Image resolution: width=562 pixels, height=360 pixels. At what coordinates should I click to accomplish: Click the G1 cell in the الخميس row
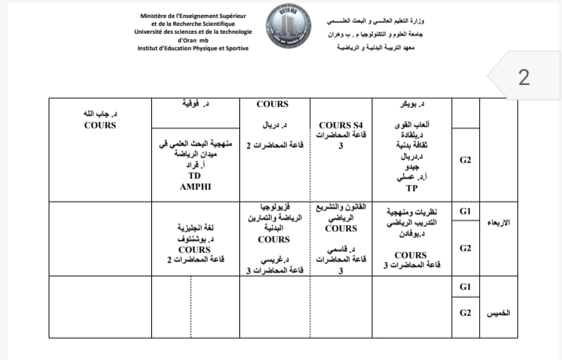pyautogui.click(x=464, y=288)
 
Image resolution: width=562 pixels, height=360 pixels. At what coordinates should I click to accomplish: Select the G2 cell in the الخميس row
pyautogui.click(x=464, y=314)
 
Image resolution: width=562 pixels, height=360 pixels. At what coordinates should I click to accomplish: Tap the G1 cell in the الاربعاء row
pyautogui.click(x=464, y=211)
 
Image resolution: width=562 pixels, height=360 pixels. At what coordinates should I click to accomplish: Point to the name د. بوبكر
pyautogui.click(x=412, y=104)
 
